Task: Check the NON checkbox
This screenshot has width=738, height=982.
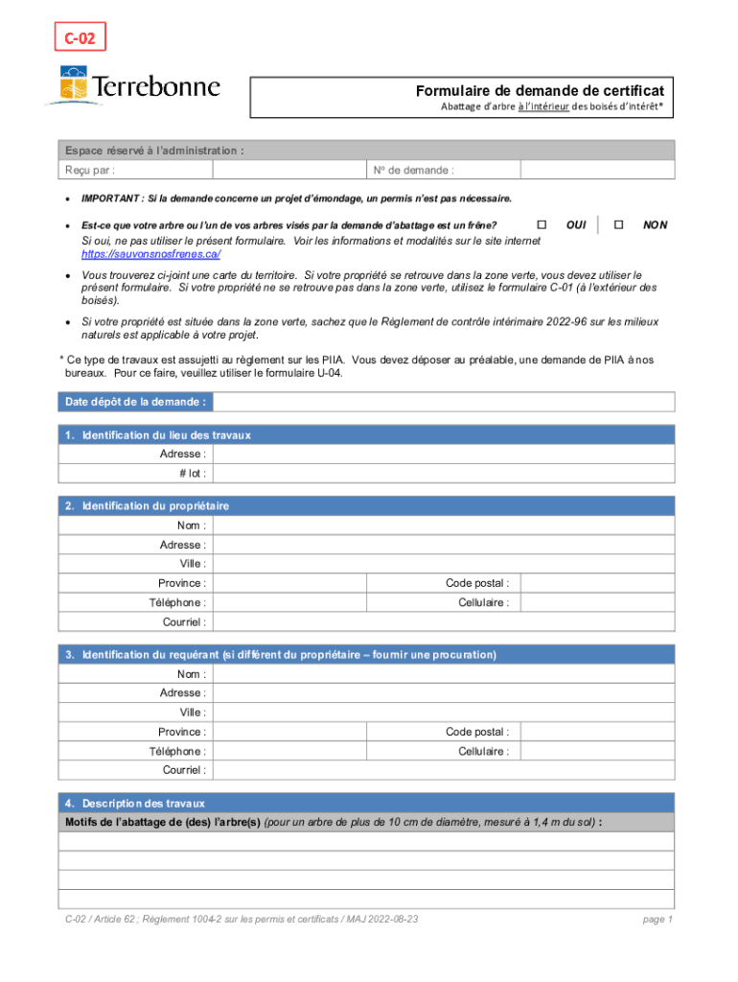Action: click(617, 223)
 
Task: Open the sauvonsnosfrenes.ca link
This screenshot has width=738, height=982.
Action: click(151, 254)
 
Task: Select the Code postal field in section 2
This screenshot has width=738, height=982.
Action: click(595, 583)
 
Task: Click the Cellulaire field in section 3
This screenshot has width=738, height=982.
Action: click(595, 751)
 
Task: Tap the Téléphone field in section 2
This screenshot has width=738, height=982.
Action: click(288, 602)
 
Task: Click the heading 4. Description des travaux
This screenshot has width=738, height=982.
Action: click(134, 803)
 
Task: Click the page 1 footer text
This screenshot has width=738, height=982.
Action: click(657, 920)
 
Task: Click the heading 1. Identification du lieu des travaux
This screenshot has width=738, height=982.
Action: click(158, 435)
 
